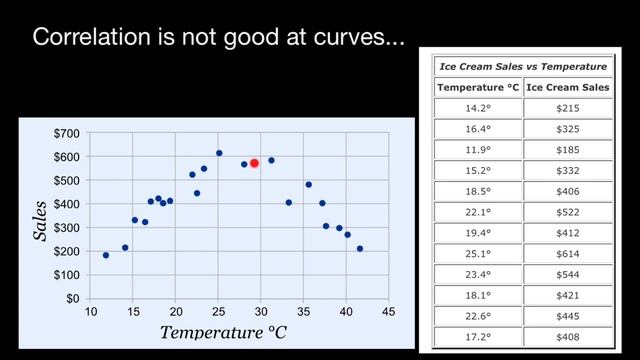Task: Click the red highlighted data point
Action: coord(254,163)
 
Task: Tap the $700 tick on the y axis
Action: coord(68,133)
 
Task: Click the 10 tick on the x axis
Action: coord(90,311)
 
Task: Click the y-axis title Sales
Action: coord(42,220)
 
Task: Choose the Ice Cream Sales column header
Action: coord(567,87)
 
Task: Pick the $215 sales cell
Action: coord(567,107)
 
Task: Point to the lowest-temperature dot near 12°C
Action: coord(106,255)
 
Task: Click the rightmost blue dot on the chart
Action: coord(360,249)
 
